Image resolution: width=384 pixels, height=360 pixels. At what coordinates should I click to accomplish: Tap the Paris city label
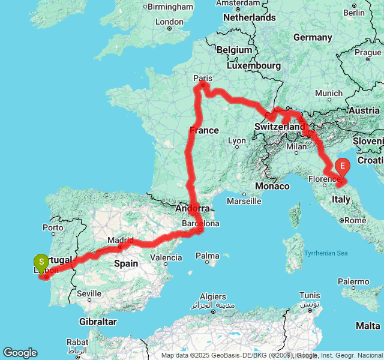pos(203,78)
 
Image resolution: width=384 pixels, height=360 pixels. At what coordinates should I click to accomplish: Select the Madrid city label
pos(121,241)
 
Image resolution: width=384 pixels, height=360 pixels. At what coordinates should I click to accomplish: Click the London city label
pos(169,22)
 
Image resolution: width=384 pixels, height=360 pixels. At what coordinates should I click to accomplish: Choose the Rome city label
pos(355,220)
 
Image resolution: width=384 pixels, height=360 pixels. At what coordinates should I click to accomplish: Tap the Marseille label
pos(244,201)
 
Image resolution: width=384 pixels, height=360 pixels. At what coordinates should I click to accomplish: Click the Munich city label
pos(328,93)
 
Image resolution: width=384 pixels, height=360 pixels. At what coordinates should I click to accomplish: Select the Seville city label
pos(89,293)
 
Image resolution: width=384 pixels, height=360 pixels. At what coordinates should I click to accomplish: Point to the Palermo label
pos(353,281)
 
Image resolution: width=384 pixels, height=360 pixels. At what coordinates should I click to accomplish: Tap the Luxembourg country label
pos(256,65)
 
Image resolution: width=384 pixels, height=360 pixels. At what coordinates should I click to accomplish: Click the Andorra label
pos(193,208)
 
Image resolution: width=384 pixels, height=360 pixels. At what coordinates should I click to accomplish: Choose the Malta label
pos(368,326)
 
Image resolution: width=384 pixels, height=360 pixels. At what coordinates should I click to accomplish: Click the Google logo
pos(20,353)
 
